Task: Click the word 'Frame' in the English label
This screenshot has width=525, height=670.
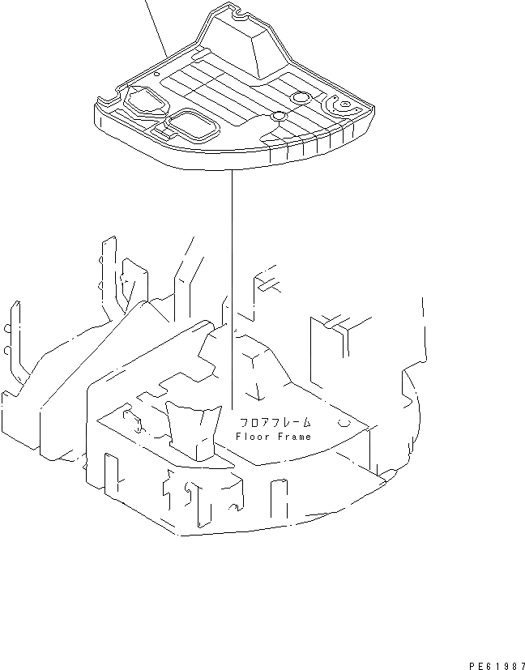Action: pos(292,437)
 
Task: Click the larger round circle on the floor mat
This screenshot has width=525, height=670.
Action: pos(301,97)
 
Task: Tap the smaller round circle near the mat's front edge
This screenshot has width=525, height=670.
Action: pos(277,117)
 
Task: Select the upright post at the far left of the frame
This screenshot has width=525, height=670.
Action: pos(14,340)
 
